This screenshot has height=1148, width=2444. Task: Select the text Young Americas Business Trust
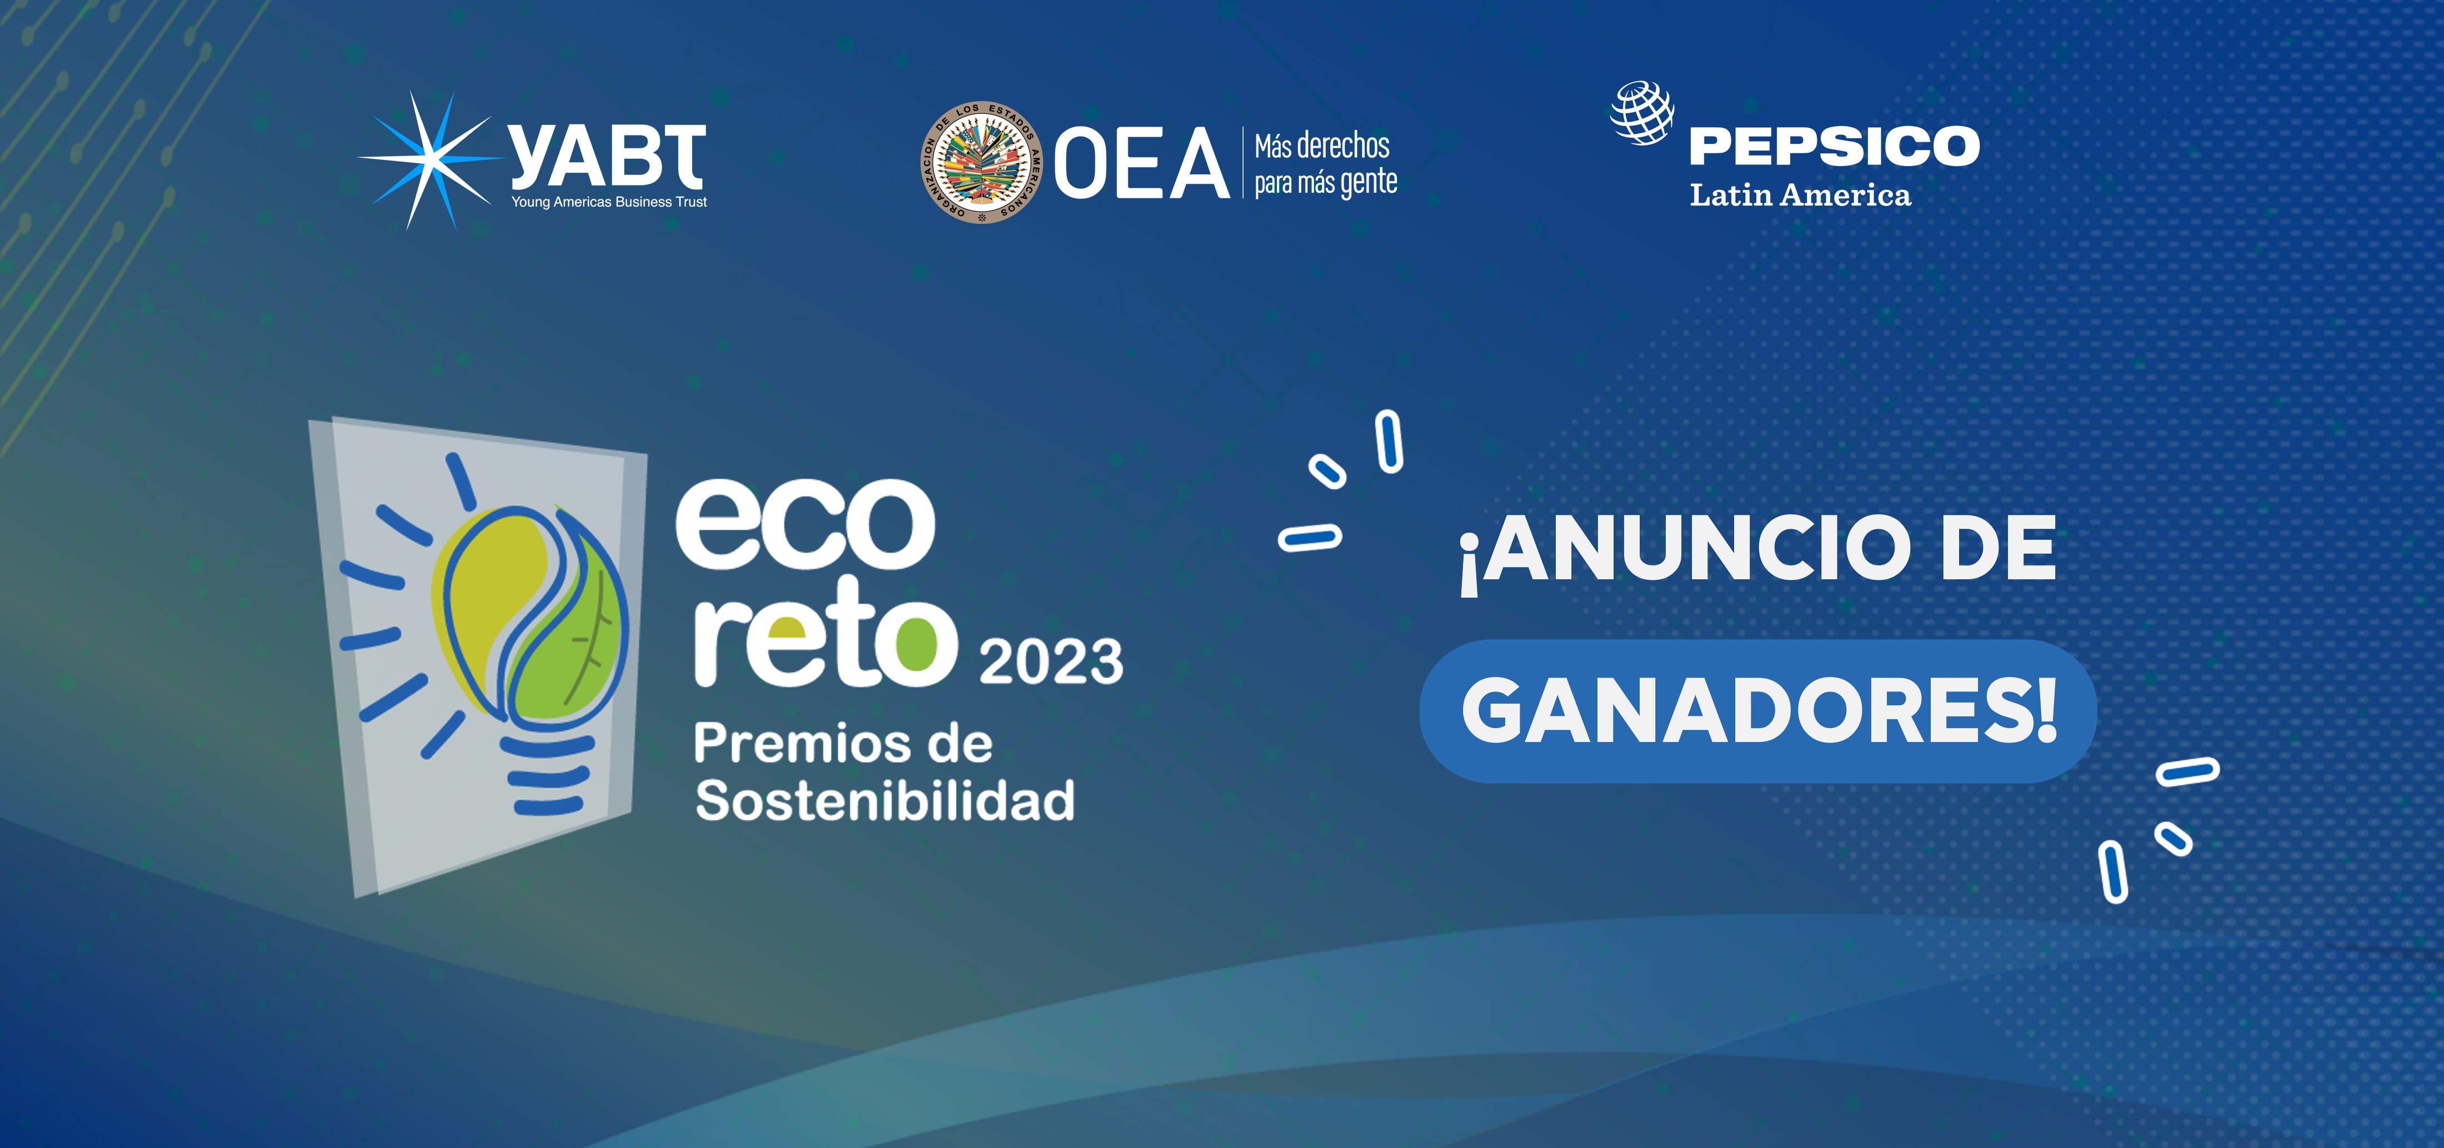click(609, 202)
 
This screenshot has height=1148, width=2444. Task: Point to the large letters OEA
click(1141, 164)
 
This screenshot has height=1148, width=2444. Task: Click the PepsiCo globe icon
click(1642, 113)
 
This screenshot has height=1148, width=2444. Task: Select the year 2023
click(1050, 661)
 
